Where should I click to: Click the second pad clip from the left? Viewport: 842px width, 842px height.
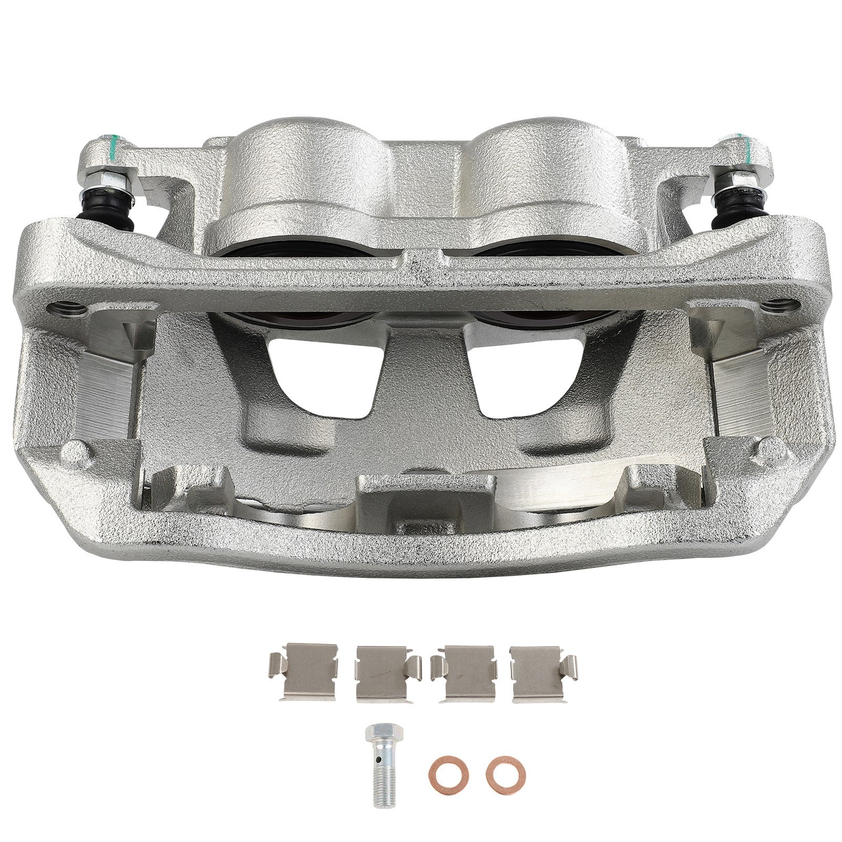(387, 674)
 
